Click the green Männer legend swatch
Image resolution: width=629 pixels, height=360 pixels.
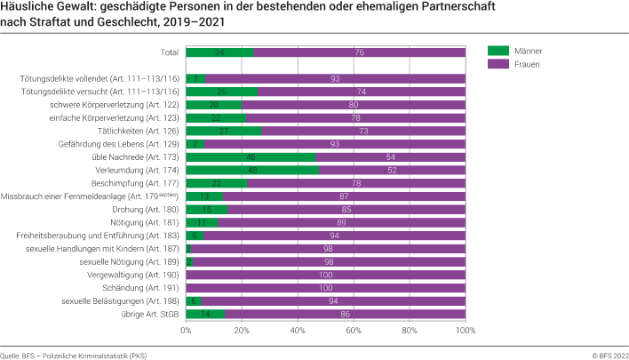(x=503, y=52)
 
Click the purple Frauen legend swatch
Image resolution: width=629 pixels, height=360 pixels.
(x=503, y=66)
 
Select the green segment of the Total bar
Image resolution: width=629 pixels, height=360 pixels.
(x=219, y=52)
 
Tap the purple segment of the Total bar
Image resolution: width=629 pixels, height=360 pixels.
(x=359, y=52)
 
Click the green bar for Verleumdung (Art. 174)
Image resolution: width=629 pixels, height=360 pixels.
(x=252, y=170)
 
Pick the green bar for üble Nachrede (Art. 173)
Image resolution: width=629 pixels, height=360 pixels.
(x=251, y=156)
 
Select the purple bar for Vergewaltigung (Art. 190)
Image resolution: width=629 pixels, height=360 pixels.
(x=325, y=275)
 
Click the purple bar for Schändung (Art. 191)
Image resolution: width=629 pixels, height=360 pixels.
(x=325, y=288)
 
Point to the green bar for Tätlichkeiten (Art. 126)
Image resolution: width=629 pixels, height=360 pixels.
(x=224, y=131)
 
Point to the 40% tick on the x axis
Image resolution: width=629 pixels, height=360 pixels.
(x=298, y=331)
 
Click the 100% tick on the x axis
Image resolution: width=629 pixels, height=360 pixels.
(x=465, y=331)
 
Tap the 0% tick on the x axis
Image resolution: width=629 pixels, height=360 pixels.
(x=186, y=331)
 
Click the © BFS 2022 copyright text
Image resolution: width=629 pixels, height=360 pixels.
(x=604, y=354)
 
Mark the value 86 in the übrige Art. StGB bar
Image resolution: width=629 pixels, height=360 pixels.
(x=345, y=315)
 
